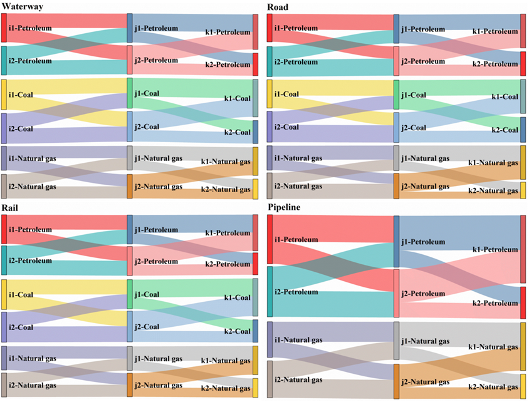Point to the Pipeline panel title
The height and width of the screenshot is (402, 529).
coord(286,207)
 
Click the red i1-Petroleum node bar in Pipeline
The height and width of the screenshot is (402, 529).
coord(270,239)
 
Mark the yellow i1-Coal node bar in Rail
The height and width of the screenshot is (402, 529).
coord(4,294)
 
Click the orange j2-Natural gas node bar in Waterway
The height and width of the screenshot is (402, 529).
coord(130,186)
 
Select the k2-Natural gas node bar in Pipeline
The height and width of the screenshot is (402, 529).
coord(523,386)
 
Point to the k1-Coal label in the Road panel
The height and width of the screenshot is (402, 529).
coord(505,96)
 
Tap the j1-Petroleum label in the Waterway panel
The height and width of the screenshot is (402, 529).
coord(156,28)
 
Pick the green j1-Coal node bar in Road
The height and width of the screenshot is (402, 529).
coord(396,95)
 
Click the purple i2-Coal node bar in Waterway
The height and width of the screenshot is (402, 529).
coord(4,128)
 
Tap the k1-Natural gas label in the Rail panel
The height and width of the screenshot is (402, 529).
coord(226,361)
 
